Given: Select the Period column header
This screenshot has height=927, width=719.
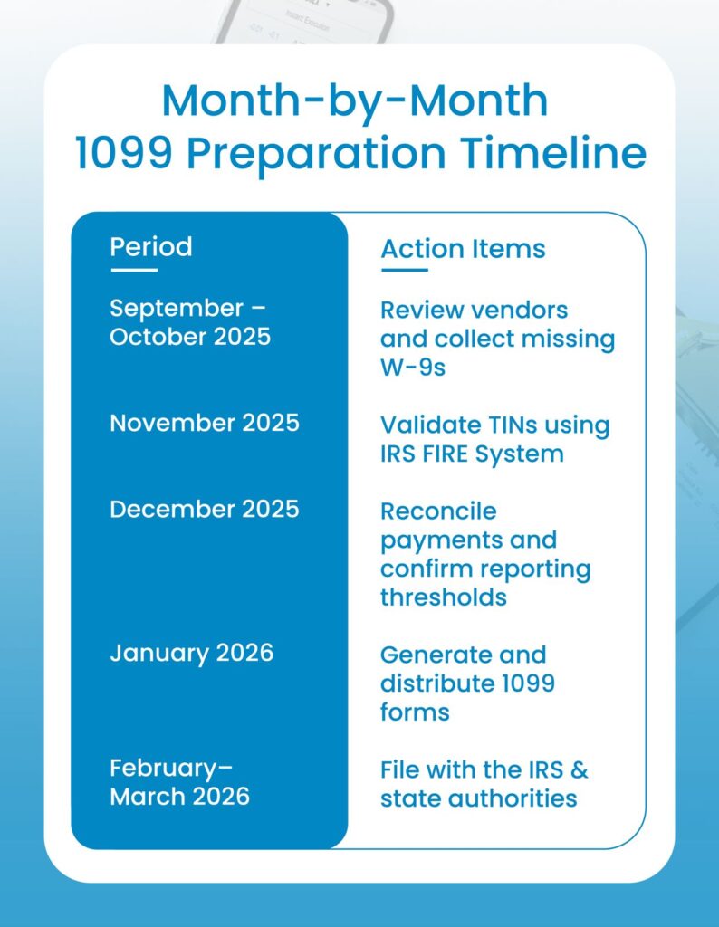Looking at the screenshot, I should coord(150,246).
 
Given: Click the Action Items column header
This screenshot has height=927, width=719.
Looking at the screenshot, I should coord(463,249).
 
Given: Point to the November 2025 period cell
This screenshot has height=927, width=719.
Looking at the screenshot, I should coord(204,423).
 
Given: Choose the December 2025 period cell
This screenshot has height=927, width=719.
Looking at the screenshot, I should coord(204,509).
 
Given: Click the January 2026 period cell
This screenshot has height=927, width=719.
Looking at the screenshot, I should coord(191,653).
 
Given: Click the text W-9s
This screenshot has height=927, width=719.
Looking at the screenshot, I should coord(413,368).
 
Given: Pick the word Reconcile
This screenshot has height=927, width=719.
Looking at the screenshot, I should coord(438,511).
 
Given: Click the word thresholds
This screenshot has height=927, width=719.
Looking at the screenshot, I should coord(443,597).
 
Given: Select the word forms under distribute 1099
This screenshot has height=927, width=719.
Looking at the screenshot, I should coord(415,712).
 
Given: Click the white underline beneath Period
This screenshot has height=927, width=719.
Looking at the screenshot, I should coord(133,269).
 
